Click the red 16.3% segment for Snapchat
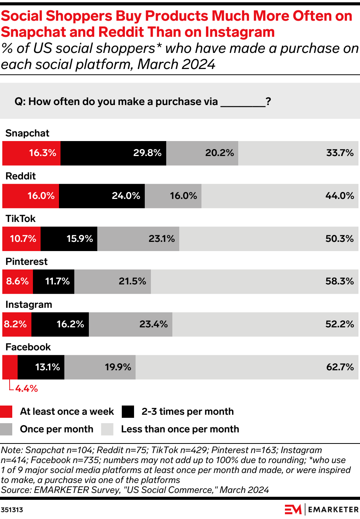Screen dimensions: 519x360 pyautogui.click(x=31, y=153)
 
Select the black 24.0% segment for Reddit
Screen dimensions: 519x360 pyautogui.click(x=102, y=196)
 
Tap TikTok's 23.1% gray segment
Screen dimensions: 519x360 pyautogui.click(x=138, y=239)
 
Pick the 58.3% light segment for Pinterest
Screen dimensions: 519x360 pyautogui.click(x=255, y=281)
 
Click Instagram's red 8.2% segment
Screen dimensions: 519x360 pyautogui.click(x=17, y=324)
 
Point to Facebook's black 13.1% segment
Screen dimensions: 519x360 pyautogui.click(x=41, y=367)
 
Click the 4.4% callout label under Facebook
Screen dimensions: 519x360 pyautogui.click(x=26, y=389)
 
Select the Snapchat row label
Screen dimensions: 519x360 pyautogui.click(x=27, y=133)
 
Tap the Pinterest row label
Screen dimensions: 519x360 pyautogui.click(x=26, y=261)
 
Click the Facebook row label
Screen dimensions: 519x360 pyautogui.click(x=28, y=347)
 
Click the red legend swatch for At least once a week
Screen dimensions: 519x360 pyautogui.click(x=6, y=412)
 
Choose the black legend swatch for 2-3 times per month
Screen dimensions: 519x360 pyautogui.click(x=128, y=412)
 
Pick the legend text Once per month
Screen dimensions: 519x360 pyautogui.click(x=57, y=429)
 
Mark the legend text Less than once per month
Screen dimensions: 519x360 pyautogui.click(x=180, y=429)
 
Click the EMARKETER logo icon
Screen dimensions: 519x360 pyautogui.click(x=293, y=509)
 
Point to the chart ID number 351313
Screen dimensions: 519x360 pyautogui.click(x=12, y=510)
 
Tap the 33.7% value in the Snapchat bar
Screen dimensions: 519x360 pyautogui.click(x=340, y=153)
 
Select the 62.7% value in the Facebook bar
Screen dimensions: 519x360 pyautogui.click(x=340, y=367)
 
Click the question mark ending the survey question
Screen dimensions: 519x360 pyautogui.click(x=268, y=102)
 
